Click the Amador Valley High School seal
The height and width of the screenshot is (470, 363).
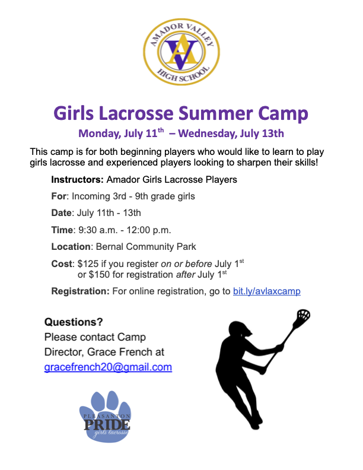[x=181, y=52]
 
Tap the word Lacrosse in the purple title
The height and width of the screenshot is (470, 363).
[x=136, y=113]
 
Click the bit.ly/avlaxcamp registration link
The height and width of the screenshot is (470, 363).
[x=266, y=291]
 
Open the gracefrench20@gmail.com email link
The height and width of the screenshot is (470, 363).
[x=108, y=367]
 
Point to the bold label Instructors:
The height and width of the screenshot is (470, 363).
[x=77, y=180]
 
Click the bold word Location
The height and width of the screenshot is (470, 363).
[x=71, y=246]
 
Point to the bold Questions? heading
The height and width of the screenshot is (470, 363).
[x=74, y=322]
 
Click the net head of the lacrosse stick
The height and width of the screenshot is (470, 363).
[x=303, y=315]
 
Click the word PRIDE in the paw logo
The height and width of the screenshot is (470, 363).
[x=107, y=424]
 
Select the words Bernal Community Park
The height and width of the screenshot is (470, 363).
[x=146, y=246]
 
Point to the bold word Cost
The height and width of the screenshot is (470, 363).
[x=62, y=263]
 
